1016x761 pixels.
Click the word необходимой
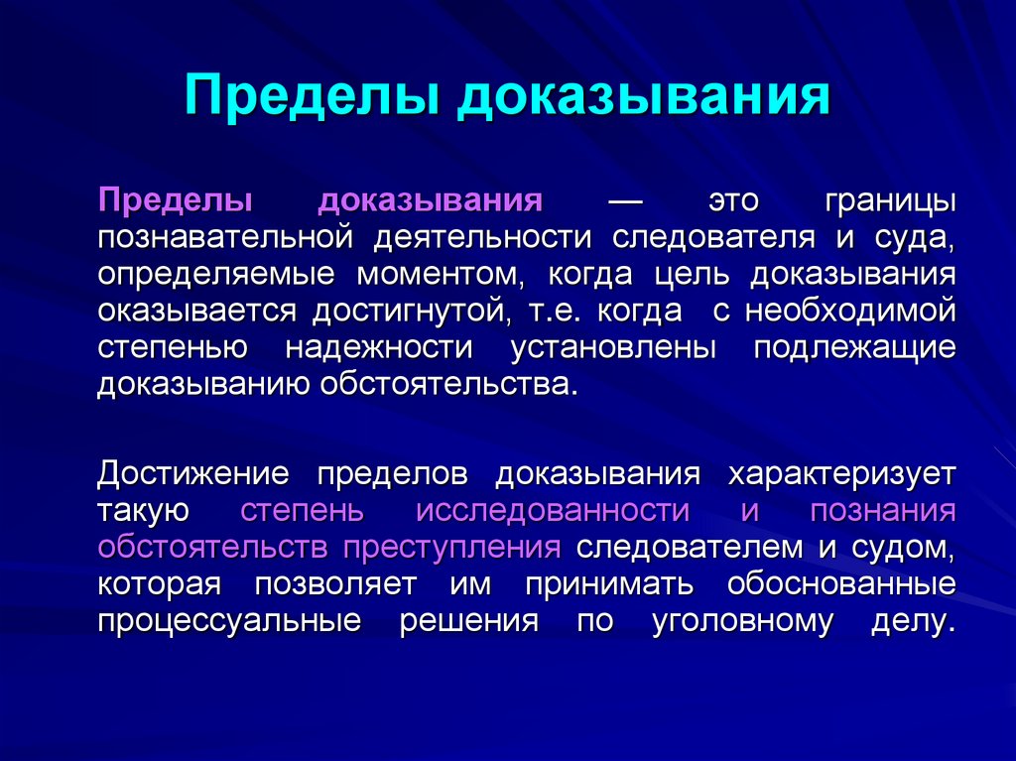tap(850, 312)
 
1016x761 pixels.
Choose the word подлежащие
tap(854, 348)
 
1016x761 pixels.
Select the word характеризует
tap(842, 473)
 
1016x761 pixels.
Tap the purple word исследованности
tap(553, 510)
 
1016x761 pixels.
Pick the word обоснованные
tap(841, 583)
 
